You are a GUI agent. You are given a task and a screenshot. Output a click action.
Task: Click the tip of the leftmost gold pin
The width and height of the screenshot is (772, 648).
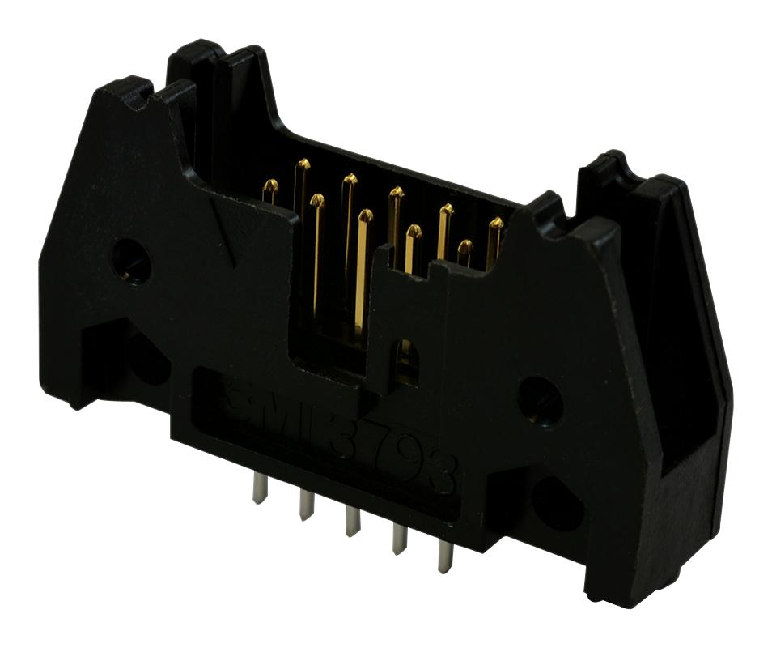coord(271,185)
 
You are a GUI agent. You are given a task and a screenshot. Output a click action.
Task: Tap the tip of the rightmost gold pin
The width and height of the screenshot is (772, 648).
coord(495,223)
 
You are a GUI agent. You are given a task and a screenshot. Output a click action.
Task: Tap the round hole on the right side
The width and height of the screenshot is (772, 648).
coord(540,399)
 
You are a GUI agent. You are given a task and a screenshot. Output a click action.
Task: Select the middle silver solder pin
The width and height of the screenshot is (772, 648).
coord(352,520)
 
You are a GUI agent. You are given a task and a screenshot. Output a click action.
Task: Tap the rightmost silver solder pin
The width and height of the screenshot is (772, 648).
coord(444,557)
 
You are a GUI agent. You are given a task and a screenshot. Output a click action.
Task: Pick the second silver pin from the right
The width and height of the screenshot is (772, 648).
coord(399,539)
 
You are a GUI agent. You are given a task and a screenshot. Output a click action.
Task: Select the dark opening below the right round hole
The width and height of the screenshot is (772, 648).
coord(558,503)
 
